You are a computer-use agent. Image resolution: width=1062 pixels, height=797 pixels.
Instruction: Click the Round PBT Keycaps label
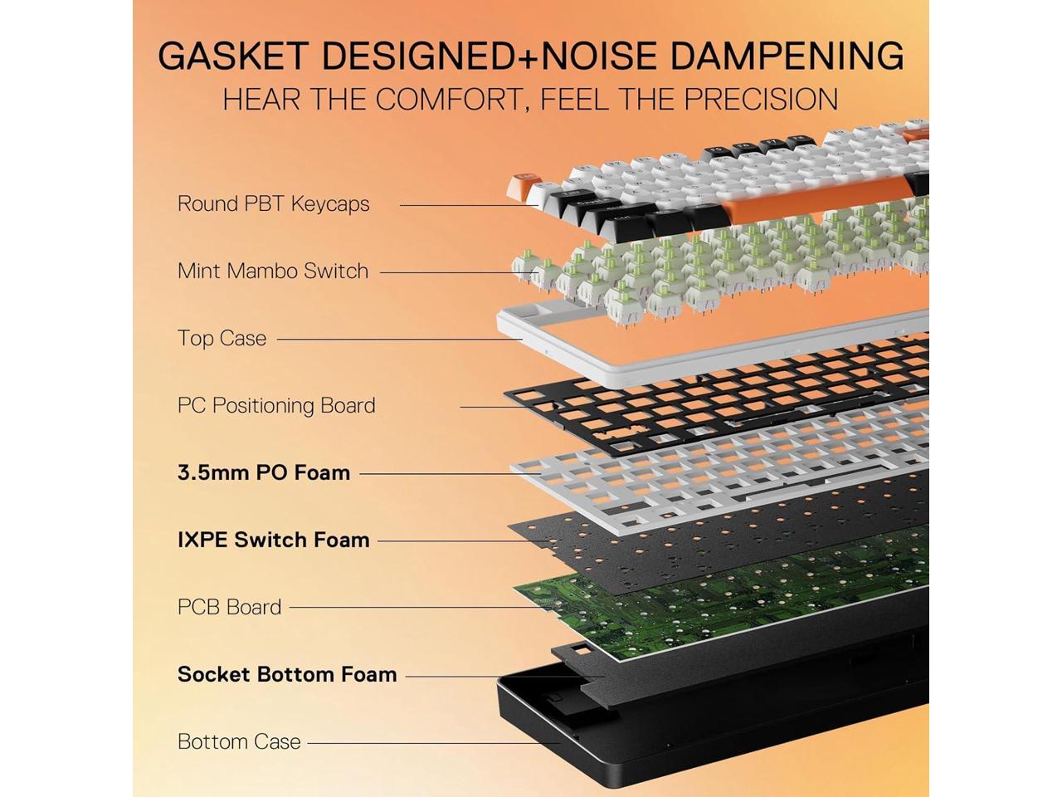coord(273,203)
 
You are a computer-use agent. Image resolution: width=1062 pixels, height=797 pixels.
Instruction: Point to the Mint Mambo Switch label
coord(272,271)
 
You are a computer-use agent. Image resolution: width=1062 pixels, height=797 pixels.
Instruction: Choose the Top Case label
coord(222,338)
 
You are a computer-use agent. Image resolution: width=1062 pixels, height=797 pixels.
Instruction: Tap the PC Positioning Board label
coord(276,405)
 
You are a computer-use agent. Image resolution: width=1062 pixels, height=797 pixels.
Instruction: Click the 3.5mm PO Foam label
coord(263,472)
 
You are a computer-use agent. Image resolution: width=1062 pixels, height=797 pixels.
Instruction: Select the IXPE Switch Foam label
coord(273,540)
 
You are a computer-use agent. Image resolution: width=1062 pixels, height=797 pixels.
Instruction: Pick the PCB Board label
coord(229,607)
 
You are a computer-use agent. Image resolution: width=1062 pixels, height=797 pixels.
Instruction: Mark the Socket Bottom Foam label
coord(287,674)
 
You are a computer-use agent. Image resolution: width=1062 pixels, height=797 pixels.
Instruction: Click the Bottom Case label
coord(239,741)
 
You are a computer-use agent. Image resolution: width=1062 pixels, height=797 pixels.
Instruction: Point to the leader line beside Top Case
coord(398,339)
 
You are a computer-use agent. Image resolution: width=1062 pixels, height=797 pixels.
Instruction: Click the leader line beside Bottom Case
coord(431,742)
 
